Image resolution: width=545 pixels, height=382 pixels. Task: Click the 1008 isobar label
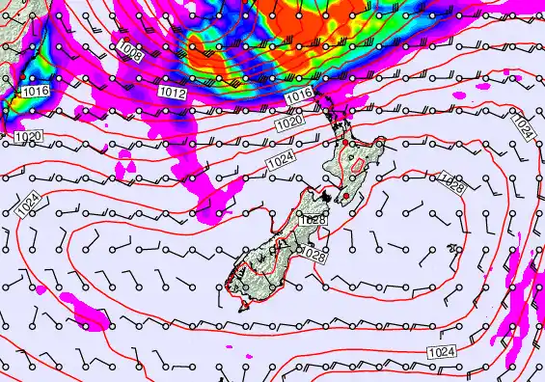[x=130, y=50]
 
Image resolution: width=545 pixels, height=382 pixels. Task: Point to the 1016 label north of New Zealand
[x=299, y=95]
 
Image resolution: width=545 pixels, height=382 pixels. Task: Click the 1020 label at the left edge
[x=27, y=138]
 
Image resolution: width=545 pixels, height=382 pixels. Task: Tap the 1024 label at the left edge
[x=29, y=202]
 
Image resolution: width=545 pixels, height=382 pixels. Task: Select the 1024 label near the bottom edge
[x=440, y=349]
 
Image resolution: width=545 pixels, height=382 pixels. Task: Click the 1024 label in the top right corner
[x=521, y=126]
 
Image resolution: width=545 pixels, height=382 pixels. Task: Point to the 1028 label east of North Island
[x=450, y=183]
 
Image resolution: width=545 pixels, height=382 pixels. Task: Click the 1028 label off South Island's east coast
[x=313, y=253]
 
